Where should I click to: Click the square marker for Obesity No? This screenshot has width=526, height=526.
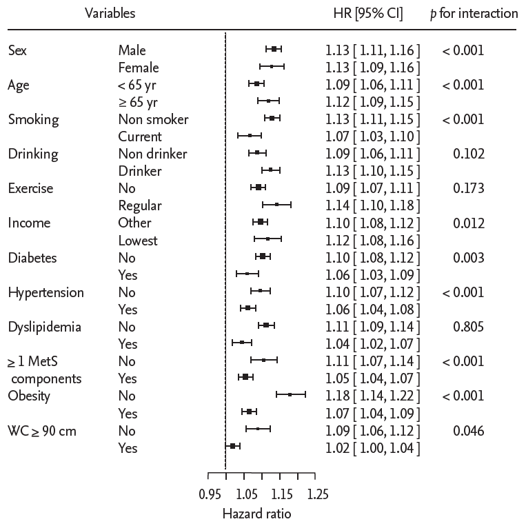coord(290,395)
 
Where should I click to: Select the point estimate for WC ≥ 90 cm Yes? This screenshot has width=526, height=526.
coord(233,447)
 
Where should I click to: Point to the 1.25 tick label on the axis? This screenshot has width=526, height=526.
coord(316,494)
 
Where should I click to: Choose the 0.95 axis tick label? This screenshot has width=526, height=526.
coord(209,494)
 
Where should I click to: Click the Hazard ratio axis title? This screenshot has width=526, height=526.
coord(256,514)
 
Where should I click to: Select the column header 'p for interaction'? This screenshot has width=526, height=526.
coord(474,13)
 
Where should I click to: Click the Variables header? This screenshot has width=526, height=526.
coord(110,13)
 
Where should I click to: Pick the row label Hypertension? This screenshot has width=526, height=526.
coord(45,292)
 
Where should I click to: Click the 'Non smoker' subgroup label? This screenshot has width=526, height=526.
coord(153,119)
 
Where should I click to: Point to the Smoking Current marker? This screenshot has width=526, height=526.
coord(250,135)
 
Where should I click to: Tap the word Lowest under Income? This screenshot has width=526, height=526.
coord(138,241)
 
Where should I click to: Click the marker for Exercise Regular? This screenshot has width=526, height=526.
coord(276,204)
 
